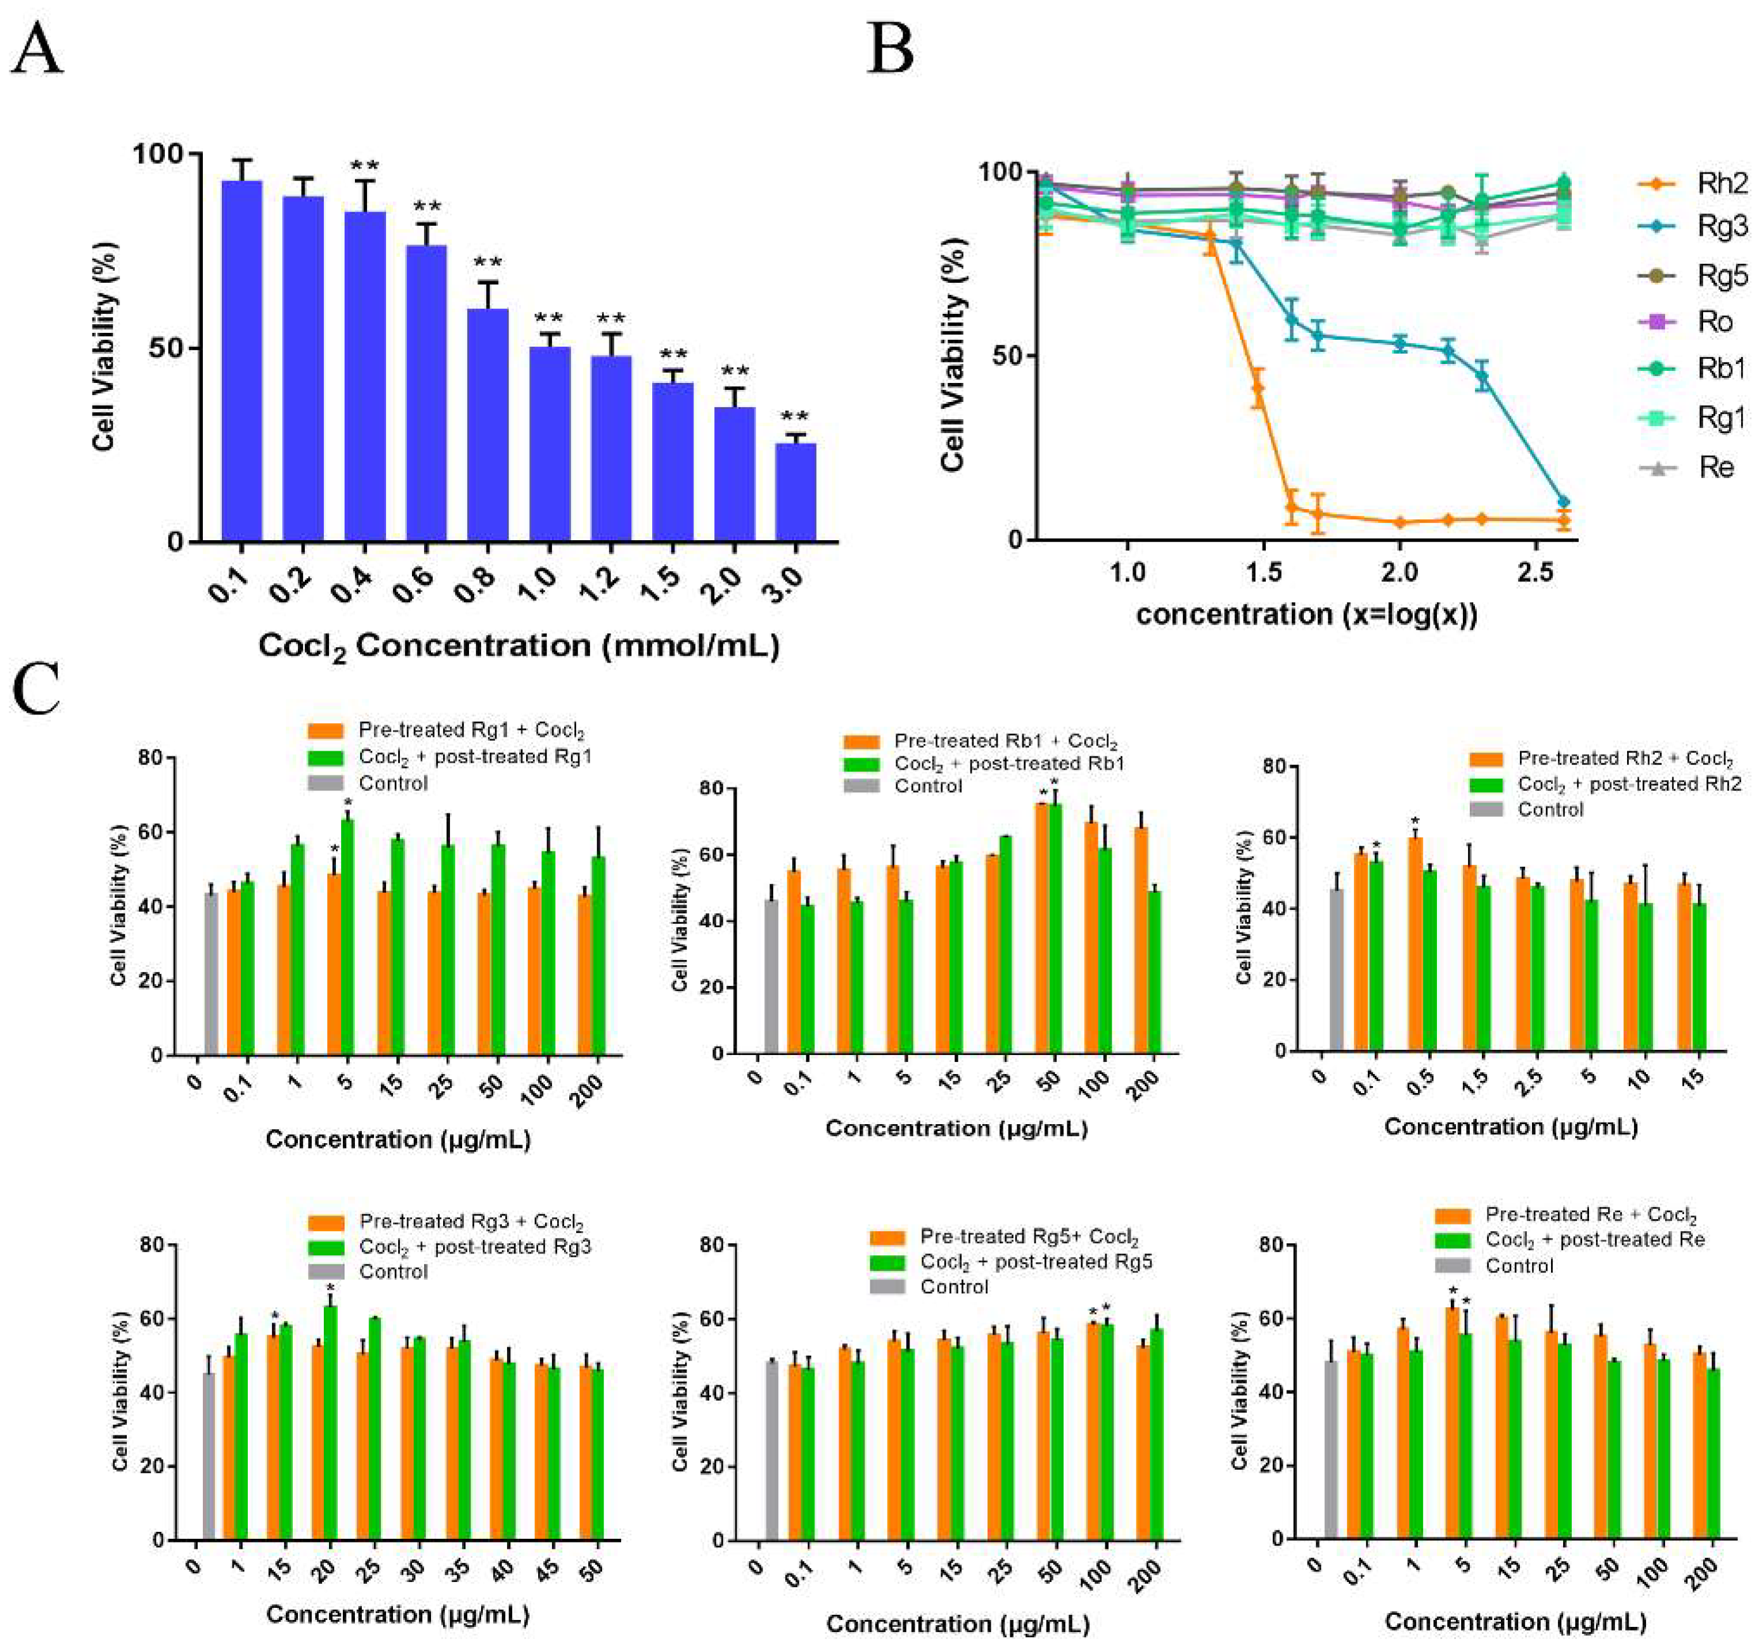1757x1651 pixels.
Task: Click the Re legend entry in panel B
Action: [x=1715, y=467]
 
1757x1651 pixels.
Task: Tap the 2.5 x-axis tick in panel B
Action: [x=1535, y=572]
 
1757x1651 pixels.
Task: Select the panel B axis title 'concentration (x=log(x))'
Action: [x=1306, y=613]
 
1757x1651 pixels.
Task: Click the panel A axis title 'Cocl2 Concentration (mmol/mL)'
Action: [x=518, y=647]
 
